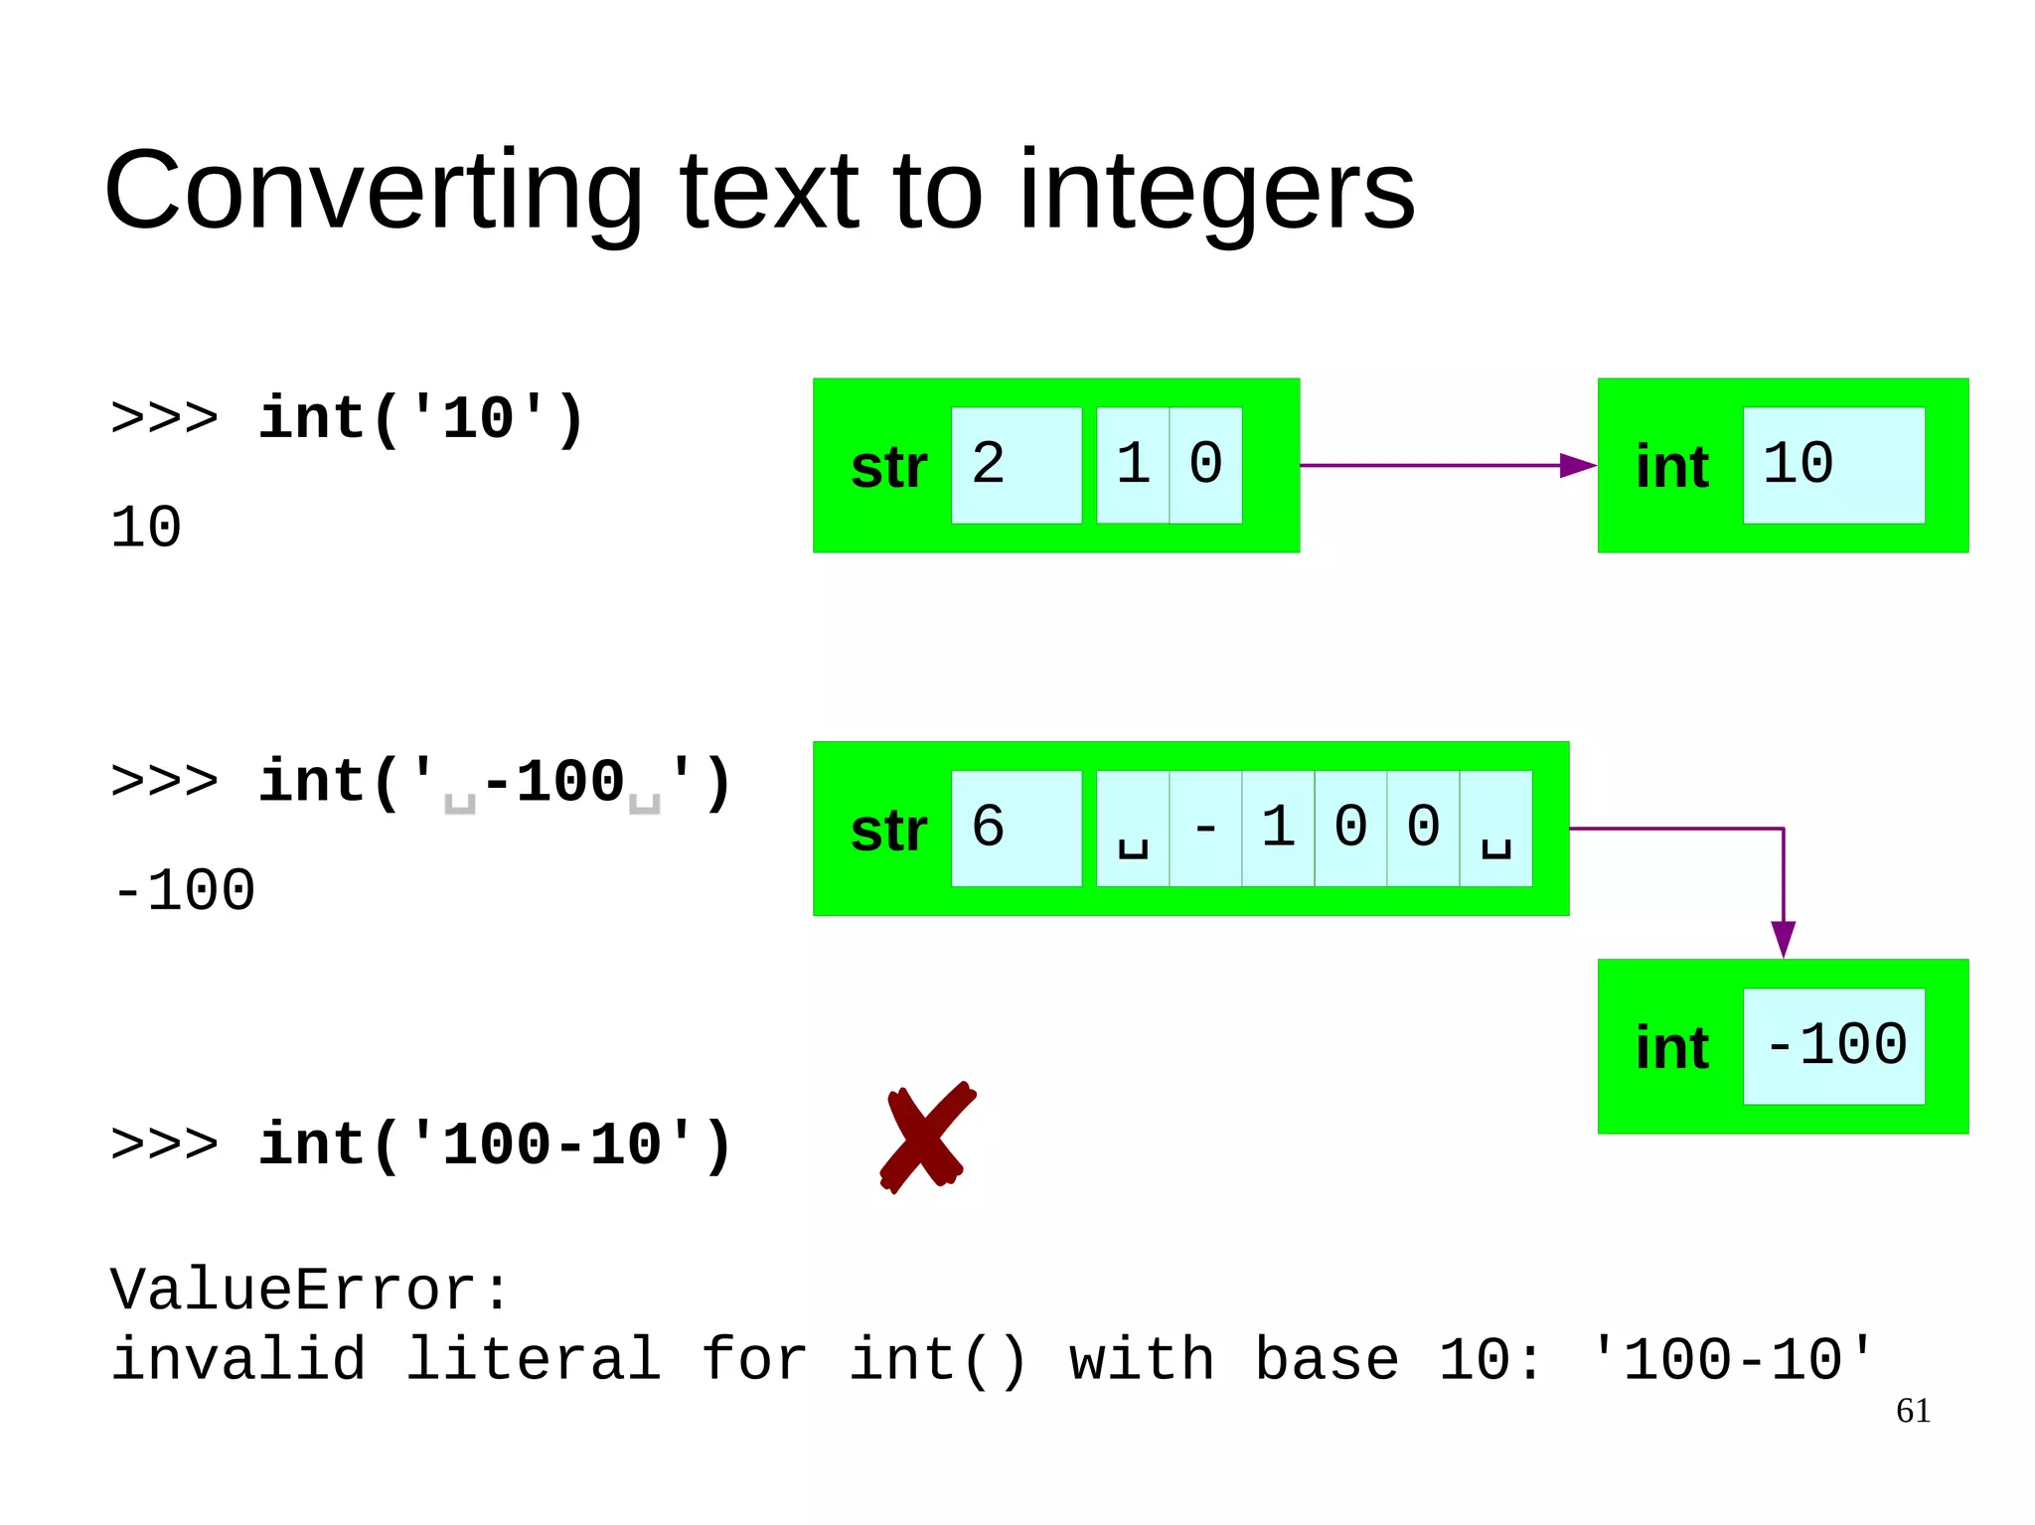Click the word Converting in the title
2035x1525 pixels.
pyautogui.click(x=374, y=191)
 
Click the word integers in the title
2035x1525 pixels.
pyautogui.click(x=1216, y=191)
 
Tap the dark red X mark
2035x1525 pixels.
pyautogui.click(x=927, y=1138)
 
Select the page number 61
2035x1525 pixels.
pyautogui.click(x=1913, y=1411)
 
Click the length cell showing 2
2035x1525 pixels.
pyautogui.click(x=1016, y=465)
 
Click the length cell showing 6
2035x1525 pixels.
pyautogui.click(x=1016, y=828)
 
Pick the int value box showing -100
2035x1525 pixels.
pyautogui.click(x=1834, y=1045)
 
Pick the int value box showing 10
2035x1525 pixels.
pyautogui.click(x=1834, y=465)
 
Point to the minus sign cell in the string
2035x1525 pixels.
pyautogui.click(x=1205, y=828)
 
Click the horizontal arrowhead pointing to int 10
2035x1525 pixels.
pyautogui.click(x=1577, y=465)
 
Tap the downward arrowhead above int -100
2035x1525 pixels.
pyautogui.click(x=1784, y=939)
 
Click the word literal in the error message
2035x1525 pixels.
pyautogui.click(x=533, y=1359)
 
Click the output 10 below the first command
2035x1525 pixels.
pyautogui.click(x=146, y=527)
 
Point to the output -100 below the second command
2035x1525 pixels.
pyautogui.click(x=185, y=890)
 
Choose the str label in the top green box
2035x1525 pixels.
pyautogui.click(x=888, y=467)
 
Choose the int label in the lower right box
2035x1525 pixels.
pyautogui.click(x=1671, y=1048)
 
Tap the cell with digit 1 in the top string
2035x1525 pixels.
pyautogui.click(x=1133, y=465)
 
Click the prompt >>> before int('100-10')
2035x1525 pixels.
pyautogui.click(x=164, y=1144)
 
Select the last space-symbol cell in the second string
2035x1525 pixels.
pyautogui.click(x=1495, y=828)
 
